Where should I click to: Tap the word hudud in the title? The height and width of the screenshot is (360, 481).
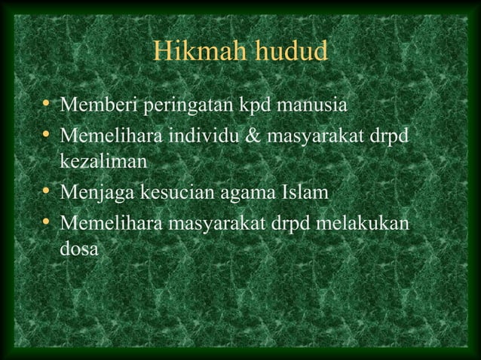(x=290, y=52)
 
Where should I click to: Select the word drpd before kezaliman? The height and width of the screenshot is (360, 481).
(x=397, y=138)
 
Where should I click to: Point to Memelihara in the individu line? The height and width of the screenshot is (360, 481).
(x=109, y=138)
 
